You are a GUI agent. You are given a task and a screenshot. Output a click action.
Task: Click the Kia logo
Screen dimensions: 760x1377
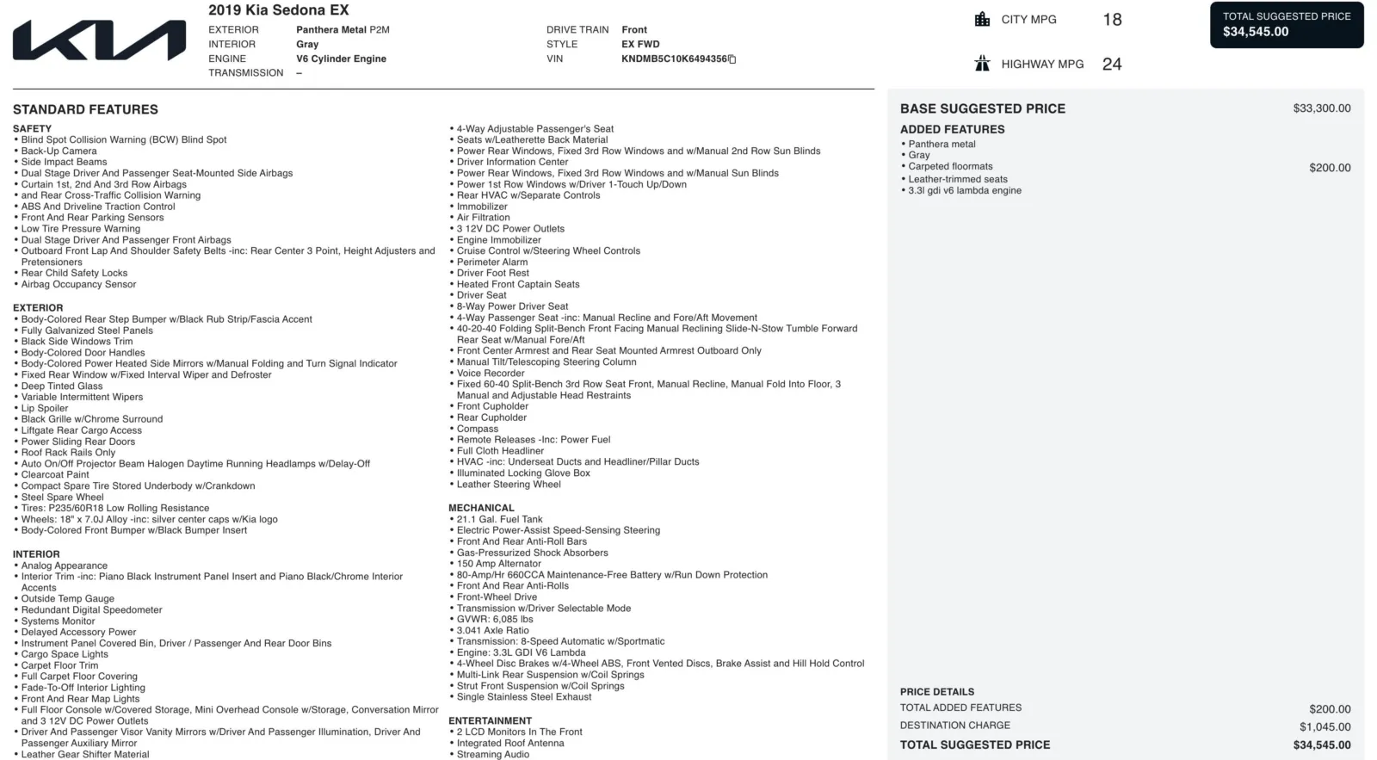(x=99, y=40)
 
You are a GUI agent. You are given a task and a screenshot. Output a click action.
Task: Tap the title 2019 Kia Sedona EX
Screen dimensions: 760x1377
(x=278, y=10)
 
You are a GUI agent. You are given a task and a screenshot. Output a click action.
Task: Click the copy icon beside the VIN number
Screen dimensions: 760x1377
(x=732, y=59)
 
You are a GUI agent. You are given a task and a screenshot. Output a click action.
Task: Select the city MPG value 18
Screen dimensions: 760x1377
(x=1112, y=20)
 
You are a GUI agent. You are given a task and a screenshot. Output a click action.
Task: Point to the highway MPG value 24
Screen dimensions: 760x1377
(x=1112, y=65)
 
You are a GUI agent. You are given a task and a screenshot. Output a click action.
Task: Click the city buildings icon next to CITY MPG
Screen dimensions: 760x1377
(x=982, y=20)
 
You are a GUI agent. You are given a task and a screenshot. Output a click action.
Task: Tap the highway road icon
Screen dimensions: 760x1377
(x=982, y=64)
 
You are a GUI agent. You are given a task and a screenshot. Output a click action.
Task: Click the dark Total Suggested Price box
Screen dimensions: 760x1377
(x=1287, y=24)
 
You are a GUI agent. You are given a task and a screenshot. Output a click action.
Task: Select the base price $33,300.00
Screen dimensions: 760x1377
(x=1321, y=108)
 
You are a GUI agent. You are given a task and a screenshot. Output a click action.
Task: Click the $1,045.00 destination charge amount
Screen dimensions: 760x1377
(x=1325, y=726)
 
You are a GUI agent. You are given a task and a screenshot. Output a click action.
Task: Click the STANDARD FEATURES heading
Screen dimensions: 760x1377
(x=85, y=110)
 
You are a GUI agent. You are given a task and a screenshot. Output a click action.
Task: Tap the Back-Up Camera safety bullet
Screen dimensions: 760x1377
(x=59, y=151)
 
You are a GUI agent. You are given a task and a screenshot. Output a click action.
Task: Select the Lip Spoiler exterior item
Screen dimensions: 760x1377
(x=45, y=409)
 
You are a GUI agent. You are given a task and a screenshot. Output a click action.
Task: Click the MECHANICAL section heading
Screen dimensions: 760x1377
(x=481, y=509)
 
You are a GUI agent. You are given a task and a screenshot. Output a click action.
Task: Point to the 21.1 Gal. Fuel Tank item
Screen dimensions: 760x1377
(x=499, y=520)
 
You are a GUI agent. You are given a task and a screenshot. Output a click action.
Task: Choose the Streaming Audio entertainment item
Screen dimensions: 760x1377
(x=492, y=755)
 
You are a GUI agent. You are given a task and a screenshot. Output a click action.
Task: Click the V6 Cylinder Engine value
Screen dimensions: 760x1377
(x=341, y=59)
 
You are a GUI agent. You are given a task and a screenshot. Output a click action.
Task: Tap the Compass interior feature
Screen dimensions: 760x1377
(x=477, y=429)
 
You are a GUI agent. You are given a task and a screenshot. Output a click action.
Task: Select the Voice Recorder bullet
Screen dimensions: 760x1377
(x=490, y=374)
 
